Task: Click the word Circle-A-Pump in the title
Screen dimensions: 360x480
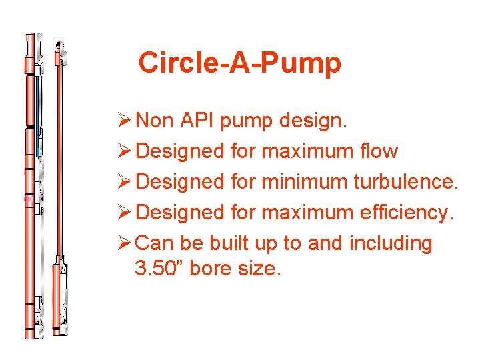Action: tap(239, 63)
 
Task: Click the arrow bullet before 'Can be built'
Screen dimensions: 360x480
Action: tap(124, 244)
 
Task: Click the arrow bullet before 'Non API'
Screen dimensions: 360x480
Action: tap(124, 121)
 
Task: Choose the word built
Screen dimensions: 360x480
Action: tap(225, 244)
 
